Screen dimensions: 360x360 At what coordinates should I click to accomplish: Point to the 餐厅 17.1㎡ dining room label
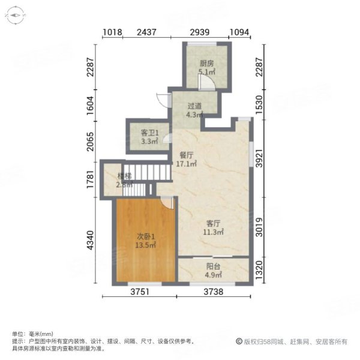pyautogui.click(x=187, y=158)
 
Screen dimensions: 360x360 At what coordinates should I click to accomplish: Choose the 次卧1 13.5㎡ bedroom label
pyautogui.click(x=145, y=241)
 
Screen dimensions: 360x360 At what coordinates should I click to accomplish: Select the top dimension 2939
pyautogui.click(x=199, y=32)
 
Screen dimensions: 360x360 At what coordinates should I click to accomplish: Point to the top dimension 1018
pyautogui.click(x=112, y=32)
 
